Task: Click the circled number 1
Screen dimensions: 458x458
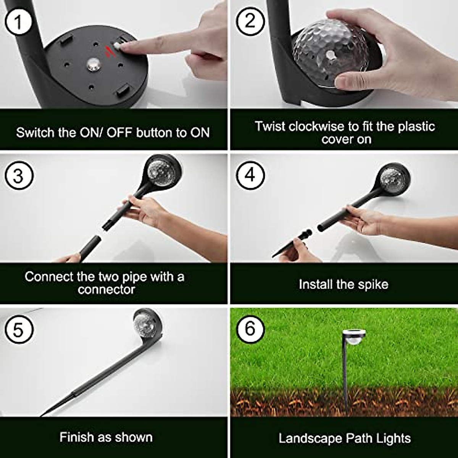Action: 18,22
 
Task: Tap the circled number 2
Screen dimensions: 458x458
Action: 250,21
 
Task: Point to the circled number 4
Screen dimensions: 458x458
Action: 250,175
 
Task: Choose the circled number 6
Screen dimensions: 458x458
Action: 250,328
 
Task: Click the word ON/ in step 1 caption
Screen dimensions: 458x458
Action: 92,132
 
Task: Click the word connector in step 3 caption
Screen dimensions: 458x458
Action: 106,289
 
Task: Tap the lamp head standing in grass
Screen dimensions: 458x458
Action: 354,338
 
